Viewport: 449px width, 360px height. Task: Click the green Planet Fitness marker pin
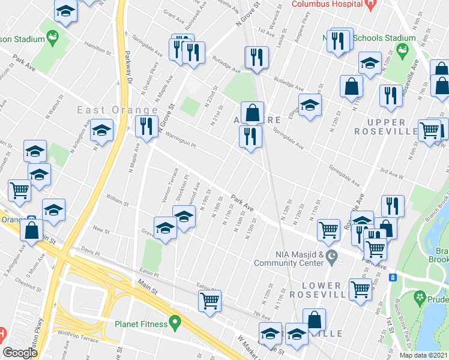(x=175, y=322)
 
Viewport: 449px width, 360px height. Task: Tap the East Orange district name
(x=117, y=110)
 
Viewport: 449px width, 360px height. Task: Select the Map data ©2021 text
(x=423, y=355)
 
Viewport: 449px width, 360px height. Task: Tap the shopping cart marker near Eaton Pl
(x=209, y=301)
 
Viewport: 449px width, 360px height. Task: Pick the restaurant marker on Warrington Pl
(x=146, y=126)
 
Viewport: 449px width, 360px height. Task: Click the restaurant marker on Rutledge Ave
(x=257, y=58)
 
